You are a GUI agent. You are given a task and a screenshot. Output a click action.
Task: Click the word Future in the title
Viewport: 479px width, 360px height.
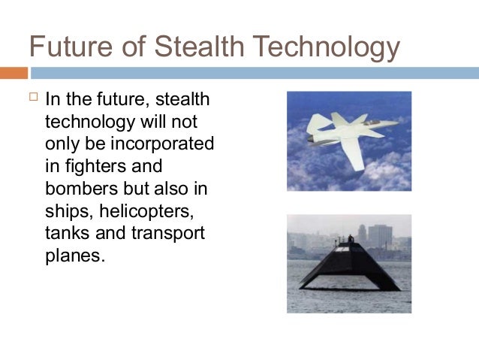pyautogui.click(x=66, y=47)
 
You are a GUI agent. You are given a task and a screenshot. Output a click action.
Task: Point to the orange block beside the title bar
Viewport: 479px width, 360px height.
pyautogui.click(x=14, y=73)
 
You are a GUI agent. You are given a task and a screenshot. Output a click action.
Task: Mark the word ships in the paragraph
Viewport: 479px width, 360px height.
pyautogui.click(x=66, y=210)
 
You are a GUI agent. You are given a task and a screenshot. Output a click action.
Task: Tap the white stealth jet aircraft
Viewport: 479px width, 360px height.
pyautogui.click(x=350, y=133)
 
